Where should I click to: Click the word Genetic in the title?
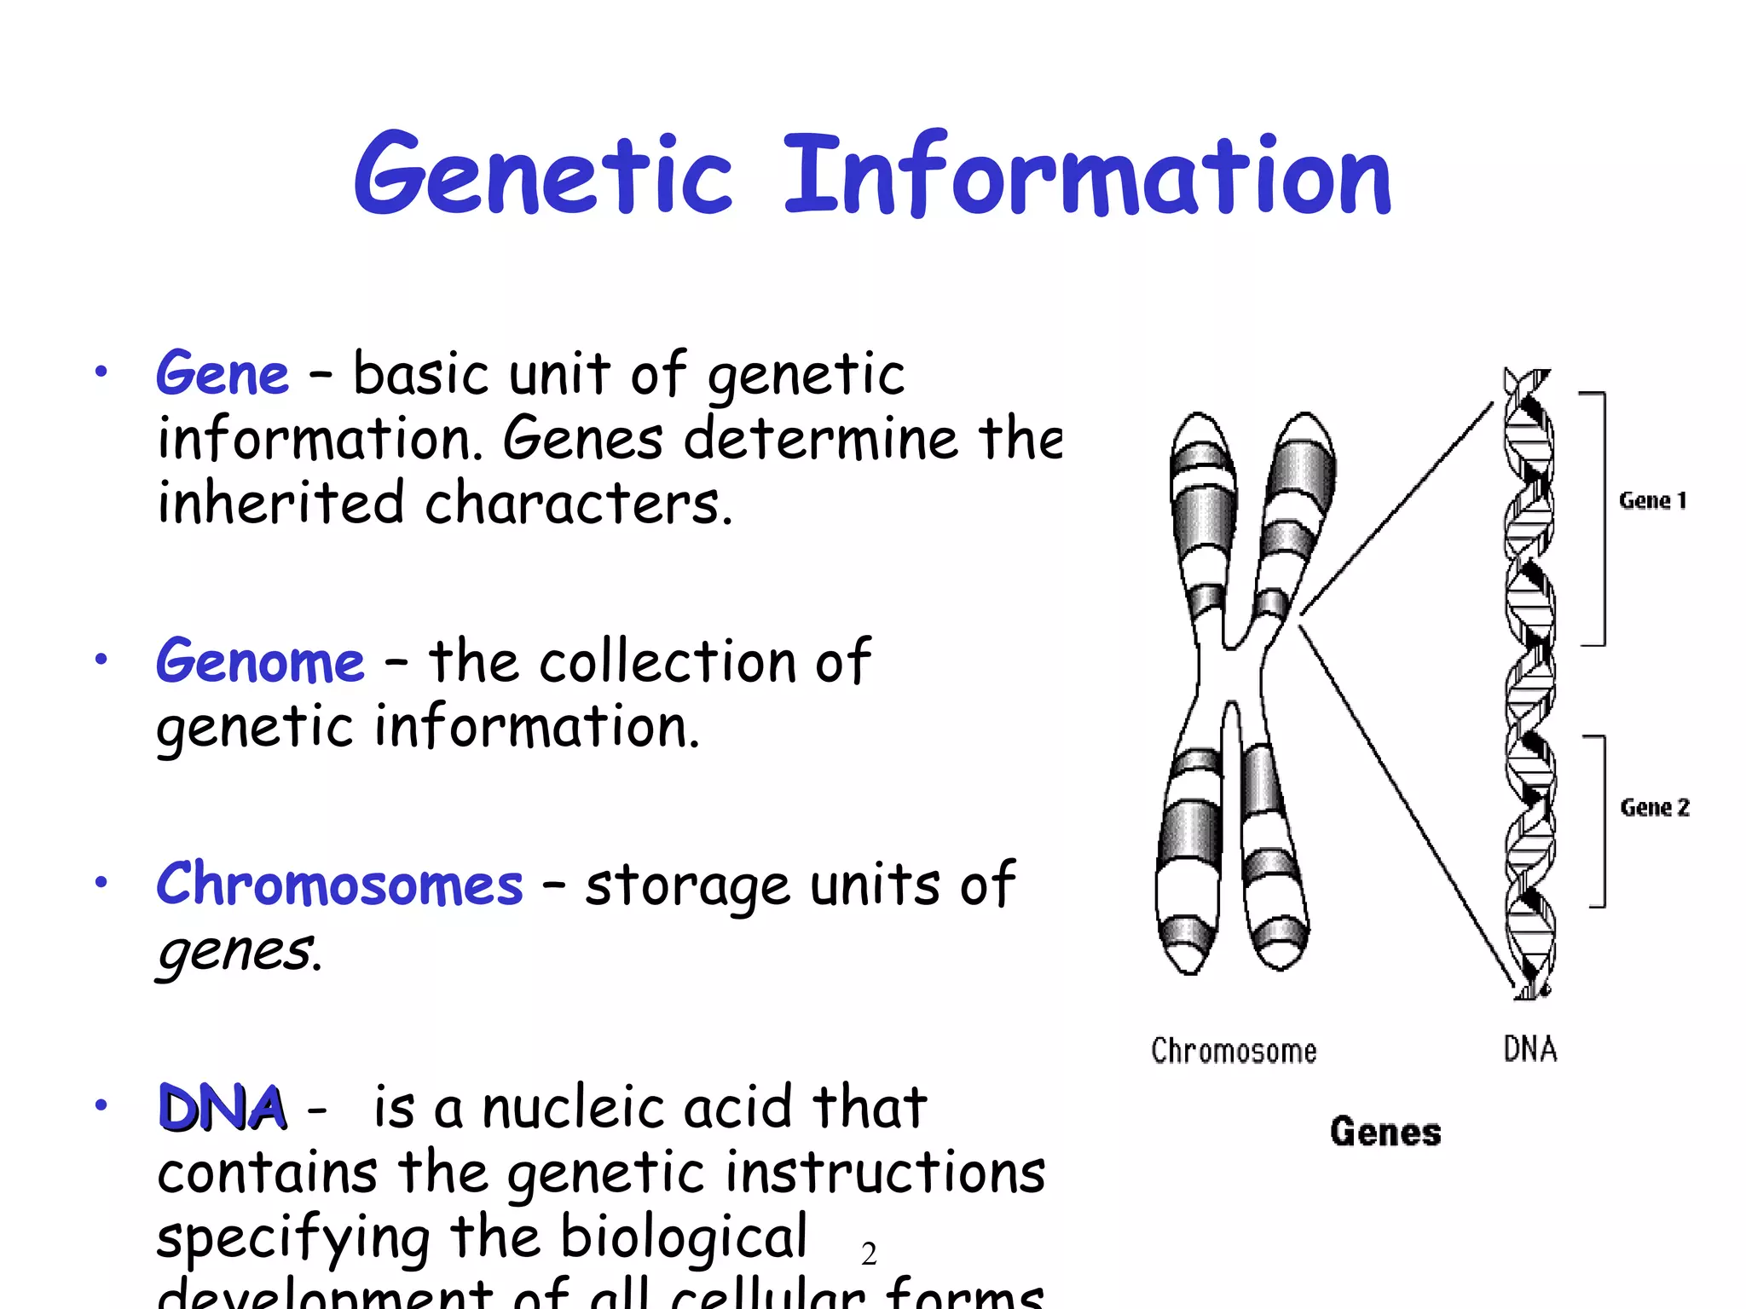(x=544, y=175)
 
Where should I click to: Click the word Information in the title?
(x=1088, y=175)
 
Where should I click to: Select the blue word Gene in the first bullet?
(x=223, y=375)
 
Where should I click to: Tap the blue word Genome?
(x=260, y=662)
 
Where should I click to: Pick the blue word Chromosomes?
(x=339, y=885)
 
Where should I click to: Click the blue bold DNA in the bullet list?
(x=223, y=1108)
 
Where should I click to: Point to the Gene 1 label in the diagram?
(x=1652, y=500)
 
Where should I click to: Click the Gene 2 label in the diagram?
(x=1654, y=807)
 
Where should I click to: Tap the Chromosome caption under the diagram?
(x=1234, y=1051)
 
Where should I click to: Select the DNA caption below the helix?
(x=1530, y=1049)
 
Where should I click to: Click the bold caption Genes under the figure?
(x=1385, y=1132)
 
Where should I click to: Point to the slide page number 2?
(x=869, y=1254)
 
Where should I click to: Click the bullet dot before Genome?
(x=101, y=659)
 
